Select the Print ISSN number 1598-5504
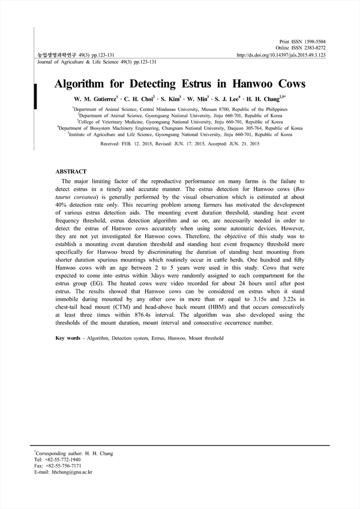pyautogui.click(x=313, y=41)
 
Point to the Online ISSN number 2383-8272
pyautogui.click(x=313, y=47)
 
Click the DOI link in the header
pyautogui.click(x=281, y=55)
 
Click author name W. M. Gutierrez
pyautogui.click(x=95, y=98)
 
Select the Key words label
pyautogui.click(x=68, y=339)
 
